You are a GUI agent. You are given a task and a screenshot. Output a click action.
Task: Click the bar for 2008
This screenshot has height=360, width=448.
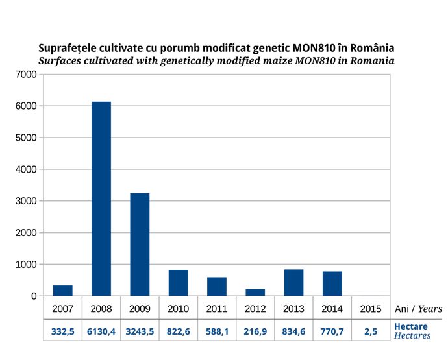tap(101, 198)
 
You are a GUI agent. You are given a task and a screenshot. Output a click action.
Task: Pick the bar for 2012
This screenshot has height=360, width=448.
tap(255, 293)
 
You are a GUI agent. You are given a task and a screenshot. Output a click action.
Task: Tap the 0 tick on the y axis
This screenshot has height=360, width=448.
tap(34, 296)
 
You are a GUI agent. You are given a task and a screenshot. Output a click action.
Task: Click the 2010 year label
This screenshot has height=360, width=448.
tap(178, 309)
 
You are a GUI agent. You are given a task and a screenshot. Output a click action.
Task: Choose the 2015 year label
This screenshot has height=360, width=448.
tap(370, 309)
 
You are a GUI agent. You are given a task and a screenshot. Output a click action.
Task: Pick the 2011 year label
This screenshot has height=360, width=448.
tap(217, 309)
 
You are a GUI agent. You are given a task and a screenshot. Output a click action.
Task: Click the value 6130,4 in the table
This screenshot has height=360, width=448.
tap(101, 331)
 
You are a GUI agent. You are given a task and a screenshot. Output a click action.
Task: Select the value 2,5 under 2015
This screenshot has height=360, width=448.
tap(370, 331)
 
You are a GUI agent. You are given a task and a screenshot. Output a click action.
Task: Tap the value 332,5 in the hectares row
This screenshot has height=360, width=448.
tap(63, 331)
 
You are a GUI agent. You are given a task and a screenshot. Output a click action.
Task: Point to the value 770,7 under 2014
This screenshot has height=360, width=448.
tap(332, 331)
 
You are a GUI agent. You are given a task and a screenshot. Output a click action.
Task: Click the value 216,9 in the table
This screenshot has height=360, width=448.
tap(255, 331)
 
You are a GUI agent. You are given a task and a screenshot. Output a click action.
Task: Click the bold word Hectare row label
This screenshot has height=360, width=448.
tap(411, 327)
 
